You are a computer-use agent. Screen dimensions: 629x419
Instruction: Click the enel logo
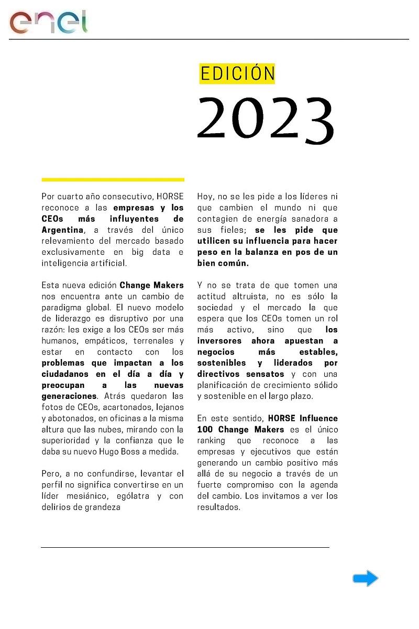coord(48,22)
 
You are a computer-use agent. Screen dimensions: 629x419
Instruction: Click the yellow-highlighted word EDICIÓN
coord(237,74)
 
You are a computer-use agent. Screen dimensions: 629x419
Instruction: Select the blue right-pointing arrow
coord(366,579)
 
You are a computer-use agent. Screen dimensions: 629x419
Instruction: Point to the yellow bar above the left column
coord(113,179)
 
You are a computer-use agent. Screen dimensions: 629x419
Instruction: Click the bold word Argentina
coord(62,230)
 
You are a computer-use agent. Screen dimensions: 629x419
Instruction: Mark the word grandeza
coord(103,507)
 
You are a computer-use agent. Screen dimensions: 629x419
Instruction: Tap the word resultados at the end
coord(218,507)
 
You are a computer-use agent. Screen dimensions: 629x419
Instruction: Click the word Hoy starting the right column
coord(205,197)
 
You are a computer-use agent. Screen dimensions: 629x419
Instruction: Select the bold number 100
coord(205,429)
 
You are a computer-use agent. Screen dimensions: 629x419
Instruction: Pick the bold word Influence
coord(318,418)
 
